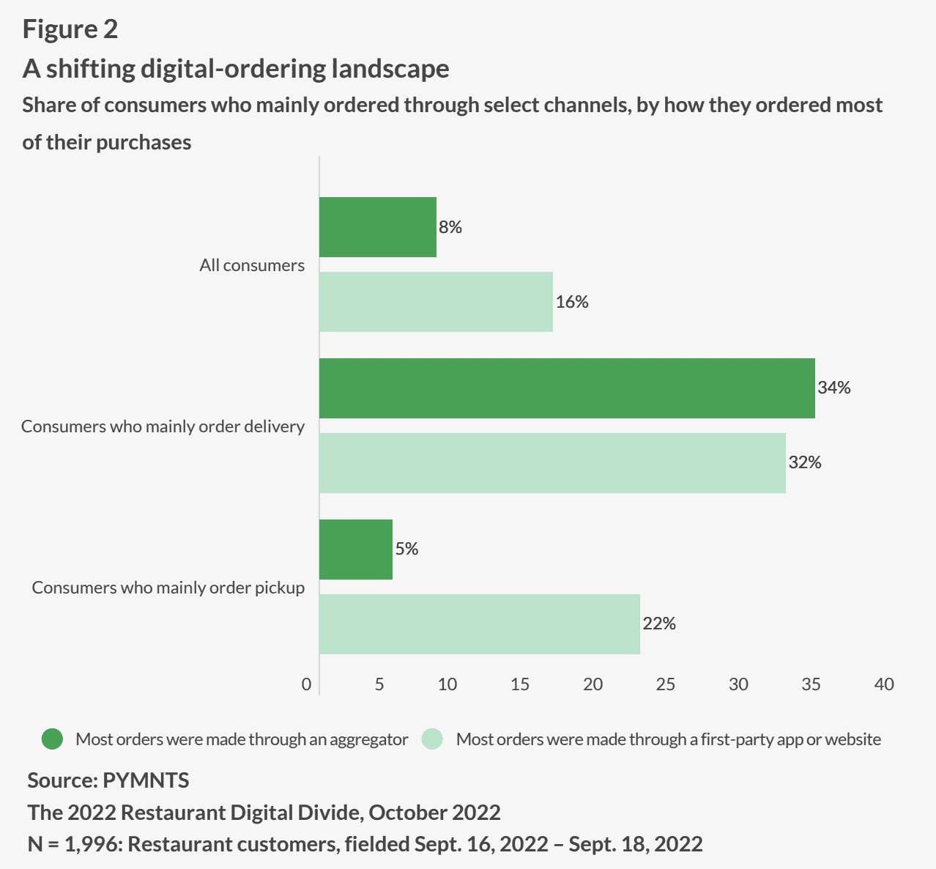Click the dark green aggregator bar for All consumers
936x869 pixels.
tap(378, 227)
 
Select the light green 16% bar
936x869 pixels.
tap(436, 302)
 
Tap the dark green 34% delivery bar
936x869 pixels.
tap(567, 388)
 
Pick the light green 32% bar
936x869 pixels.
tap(552, 463)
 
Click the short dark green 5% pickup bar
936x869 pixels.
tap(356, 550)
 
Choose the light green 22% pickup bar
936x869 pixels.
tap(480, 624)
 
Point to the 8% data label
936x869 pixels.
tap(450, 227)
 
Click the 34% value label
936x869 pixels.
tap(834, 388)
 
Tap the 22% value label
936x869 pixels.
tap(659, 624)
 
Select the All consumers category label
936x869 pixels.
tap(252, 265)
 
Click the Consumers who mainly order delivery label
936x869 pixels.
tap(163, 426)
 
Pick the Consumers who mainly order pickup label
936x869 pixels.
tap(168, 588)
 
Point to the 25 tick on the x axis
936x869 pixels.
tap(666, 684)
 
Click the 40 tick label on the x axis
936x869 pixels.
tap(884, 684)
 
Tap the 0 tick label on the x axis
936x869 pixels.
tap(306, 684)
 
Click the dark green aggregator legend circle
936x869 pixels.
tap(53, 739)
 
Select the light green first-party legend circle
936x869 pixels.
tap(433, 739)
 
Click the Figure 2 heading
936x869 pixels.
tap(70, 29)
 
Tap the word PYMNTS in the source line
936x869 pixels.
tap(146, 780)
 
